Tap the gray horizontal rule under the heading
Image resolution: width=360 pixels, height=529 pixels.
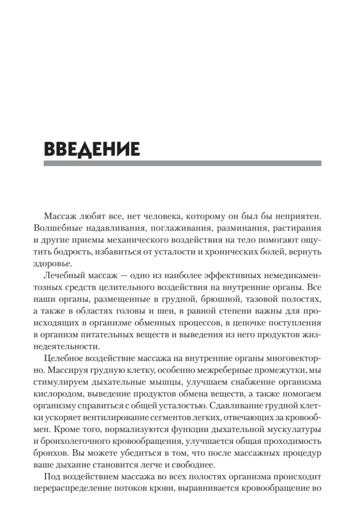point(182,163)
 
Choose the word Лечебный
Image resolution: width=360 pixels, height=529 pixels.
point(63,276)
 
